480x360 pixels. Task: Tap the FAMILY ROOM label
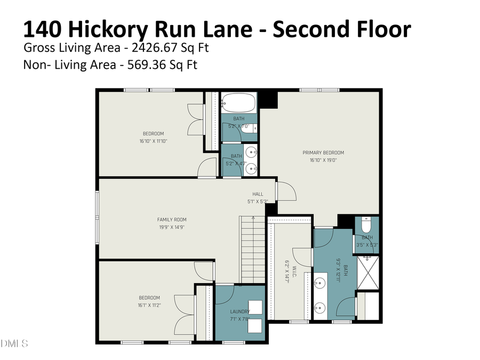[x=172, y=219]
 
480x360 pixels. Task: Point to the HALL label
[x=258, y=194]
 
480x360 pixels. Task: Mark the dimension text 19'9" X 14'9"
[x=172, y=227]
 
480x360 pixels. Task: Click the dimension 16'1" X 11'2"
[x=149, y=305]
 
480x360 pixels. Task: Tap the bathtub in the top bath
[x=239, y=102]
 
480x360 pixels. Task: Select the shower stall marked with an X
[x=367, y=273]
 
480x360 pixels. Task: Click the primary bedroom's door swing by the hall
[x=285, y=190]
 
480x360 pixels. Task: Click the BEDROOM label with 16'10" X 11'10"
[x=153, y=134]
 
